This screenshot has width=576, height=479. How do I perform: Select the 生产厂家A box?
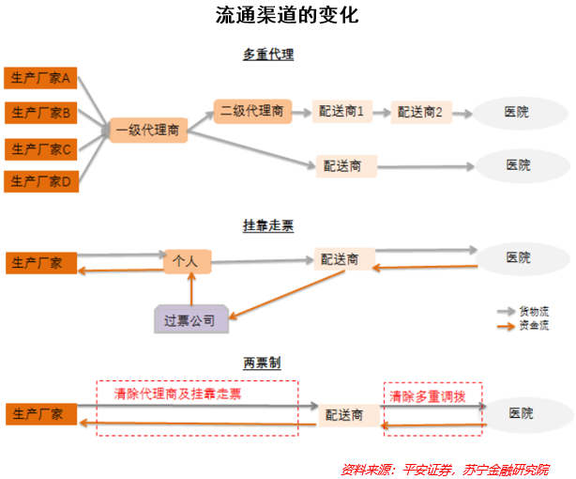[39, 78]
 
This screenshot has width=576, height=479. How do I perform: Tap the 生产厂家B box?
[39, 113]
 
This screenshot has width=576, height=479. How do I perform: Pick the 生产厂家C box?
[39, 147]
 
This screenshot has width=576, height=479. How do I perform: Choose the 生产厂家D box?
[39, 181]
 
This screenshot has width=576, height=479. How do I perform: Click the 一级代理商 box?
[148, 131]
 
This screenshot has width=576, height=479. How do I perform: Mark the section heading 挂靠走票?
[268, 225]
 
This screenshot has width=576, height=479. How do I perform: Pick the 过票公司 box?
[189, 320]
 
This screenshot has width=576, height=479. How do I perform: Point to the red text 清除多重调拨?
[432, 395]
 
